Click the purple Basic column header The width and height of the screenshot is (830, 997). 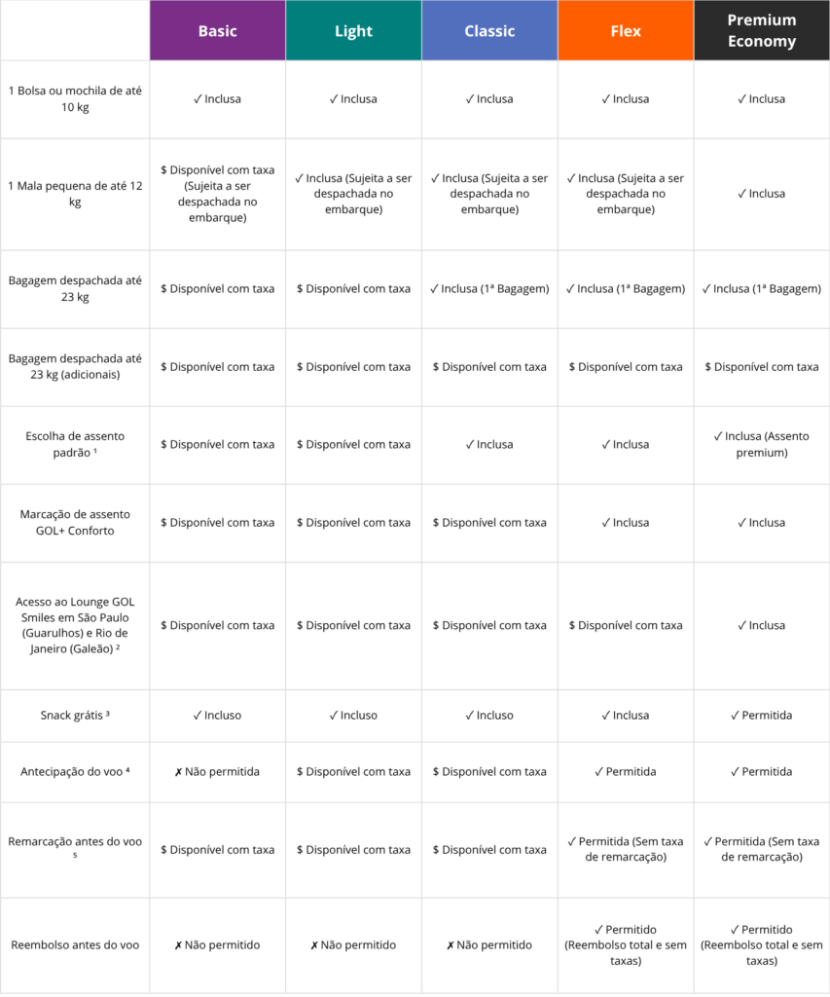217,31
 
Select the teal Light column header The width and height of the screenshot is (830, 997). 353,31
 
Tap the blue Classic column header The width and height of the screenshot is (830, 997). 489,31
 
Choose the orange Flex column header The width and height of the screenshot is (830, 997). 626,31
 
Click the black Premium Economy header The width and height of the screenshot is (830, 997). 762,31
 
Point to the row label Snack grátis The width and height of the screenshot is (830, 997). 75,716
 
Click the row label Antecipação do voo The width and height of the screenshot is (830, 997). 75,772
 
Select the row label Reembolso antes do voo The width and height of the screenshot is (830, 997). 75,945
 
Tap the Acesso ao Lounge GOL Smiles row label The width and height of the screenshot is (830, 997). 75,625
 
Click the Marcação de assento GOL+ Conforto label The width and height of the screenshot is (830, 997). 75,523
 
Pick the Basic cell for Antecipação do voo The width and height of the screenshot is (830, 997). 217,772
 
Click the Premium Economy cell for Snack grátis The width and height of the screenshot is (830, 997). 762,716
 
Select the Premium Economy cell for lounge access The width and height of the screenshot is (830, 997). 762,625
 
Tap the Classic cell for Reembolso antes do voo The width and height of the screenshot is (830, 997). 489,945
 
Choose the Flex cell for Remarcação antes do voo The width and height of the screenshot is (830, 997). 626,849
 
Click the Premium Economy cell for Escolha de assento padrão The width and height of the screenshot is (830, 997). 762,444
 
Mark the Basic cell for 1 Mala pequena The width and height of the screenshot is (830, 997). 217,194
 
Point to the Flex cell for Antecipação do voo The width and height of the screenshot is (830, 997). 626,772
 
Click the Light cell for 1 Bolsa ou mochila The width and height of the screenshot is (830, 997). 353,99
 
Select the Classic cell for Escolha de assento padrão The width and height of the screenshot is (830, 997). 489,445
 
